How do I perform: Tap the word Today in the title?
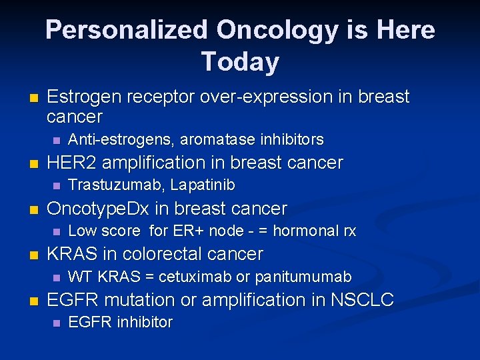click(240, 62)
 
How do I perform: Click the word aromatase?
click(203, 140)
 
